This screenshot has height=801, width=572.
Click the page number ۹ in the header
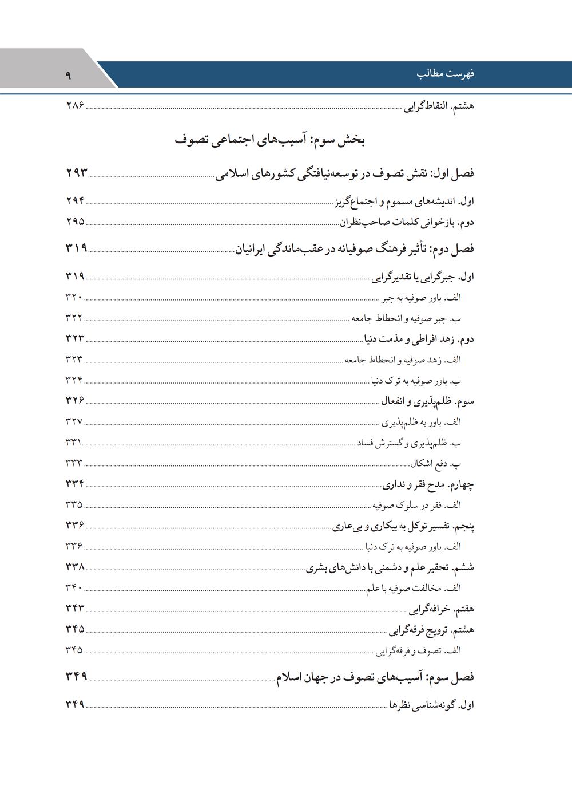68,74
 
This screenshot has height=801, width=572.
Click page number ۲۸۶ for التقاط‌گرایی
75,106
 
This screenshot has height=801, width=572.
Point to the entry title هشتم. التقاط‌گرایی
439,106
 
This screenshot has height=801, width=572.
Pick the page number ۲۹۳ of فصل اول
77,172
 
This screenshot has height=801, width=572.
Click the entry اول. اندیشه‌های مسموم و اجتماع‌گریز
404,202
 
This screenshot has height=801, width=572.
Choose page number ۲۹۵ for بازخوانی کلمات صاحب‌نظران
75,222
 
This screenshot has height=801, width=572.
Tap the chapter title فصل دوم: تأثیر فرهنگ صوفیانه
355,249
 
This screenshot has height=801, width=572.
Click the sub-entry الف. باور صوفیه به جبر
421,298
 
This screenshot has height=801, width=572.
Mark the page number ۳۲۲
74,318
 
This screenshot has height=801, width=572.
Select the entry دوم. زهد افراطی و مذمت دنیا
419,339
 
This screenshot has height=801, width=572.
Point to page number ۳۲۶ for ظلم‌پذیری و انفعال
75,401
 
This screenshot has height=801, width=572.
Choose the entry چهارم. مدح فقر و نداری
428,485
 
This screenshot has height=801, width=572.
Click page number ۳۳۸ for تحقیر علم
75,567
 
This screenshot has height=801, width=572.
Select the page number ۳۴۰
74,587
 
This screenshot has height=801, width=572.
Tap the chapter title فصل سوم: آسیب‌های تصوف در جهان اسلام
375,677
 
